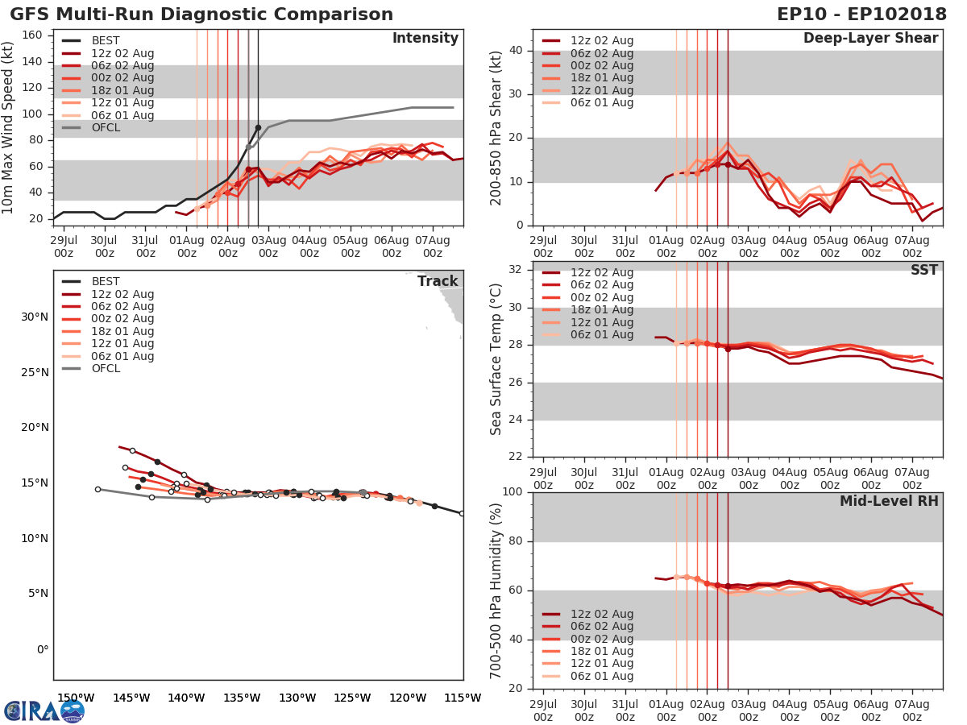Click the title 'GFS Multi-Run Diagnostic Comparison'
point(201,14)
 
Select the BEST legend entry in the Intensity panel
point(106,41)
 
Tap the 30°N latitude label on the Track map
point(35,317)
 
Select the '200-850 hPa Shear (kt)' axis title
point(496,127)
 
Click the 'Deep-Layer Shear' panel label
point(870,39)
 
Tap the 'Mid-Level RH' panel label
point(889,502)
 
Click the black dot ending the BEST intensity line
point(258,127)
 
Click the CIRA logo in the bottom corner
point(44,710)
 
